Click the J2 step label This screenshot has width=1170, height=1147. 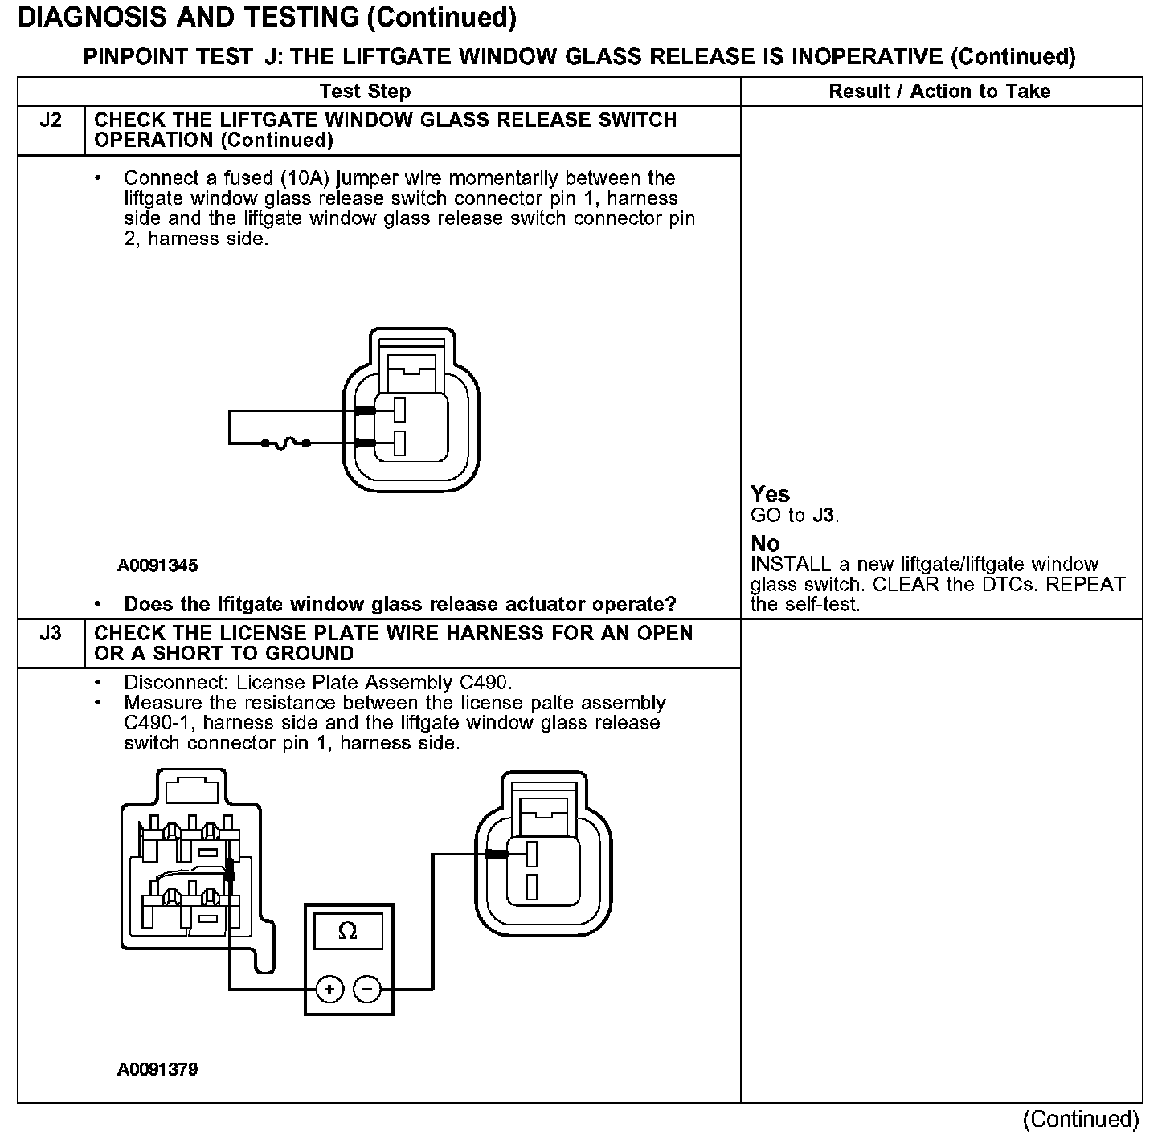point(51,120)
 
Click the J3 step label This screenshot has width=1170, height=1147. point(51,634)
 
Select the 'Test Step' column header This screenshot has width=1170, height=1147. point(365,92)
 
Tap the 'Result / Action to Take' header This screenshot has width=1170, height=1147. point(939,92)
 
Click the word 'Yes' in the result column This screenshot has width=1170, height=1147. point(770,494)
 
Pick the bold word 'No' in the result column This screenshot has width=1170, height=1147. point(765,544)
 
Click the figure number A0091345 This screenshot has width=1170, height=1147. point(157,565)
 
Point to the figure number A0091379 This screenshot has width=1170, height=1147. point(157,1070)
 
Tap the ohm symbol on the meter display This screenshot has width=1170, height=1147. point(348,932)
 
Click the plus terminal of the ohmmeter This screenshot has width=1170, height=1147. point(329,989)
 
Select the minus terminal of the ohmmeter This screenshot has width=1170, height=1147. point(367,989)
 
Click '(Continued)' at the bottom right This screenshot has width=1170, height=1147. point(1081,1119)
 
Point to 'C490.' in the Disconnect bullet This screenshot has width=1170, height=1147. point(486,683)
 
